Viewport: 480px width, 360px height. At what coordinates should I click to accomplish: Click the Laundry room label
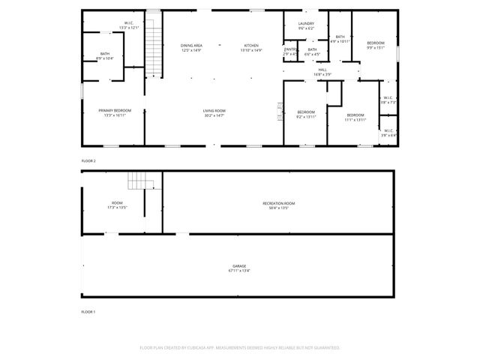306,24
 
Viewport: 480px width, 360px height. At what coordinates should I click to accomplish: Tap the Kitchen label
251,45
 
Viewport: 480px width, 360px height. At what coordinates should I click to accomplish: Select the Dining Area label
191,45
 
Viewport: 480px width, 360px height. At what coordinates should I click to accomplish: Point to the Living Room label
214,111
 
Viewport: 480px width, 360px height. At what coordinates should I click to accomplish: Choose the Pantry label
289,49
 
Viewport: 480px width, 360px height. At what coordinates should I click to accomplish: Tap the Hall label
322,70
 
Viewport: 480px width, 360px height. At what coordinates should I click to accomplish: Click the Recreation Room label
278,203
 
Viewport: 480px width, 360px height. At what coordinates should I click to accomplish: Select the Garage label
239,266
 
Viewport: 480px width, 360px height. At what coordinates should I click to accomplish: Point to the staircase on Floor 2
154,45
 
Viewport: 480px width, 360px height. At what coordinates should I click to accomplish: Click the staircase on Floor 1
140,181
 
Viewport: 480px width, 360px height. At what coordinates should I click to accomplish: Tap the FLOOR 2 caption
88,161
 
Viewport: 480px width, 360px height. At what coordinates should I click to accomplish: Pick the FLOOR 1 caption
88,310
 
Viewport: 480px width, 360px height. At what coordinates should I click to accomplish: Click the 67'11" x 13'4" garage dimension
239,271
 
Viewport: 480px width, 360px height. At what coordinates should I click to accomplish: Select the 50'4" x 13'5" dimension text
278,208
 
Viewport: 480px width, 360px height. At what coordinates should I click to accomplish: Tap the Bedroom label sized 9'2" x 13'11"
306,112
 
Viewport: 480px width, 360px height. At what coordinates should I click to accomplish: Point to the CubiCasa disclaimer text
240,348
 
